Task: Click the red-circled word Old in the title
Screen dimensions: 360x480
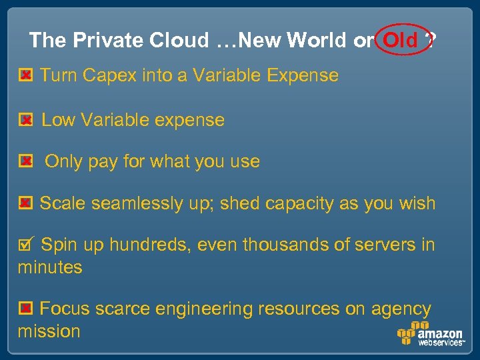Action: click(x=401, y=41)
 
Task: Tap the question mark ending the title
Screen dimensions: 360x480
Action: click(x=432, y=41)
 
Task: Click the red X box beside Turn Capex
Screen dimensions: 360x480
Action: click(x=25, y=76)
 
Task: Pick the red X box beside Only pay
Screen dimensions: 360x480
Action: click(x=25, y=161)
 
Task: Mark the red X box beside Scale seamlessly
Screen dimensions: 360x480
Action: click(x=25, y=203)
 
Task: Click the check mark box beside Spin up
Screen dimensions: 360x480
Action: click(x=24, y=245)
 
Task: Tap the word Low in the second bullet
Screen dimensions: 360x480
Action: click(x=58, y=121)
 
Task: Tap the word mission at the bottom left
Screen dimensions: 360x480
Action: click(x=49, y=331)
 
